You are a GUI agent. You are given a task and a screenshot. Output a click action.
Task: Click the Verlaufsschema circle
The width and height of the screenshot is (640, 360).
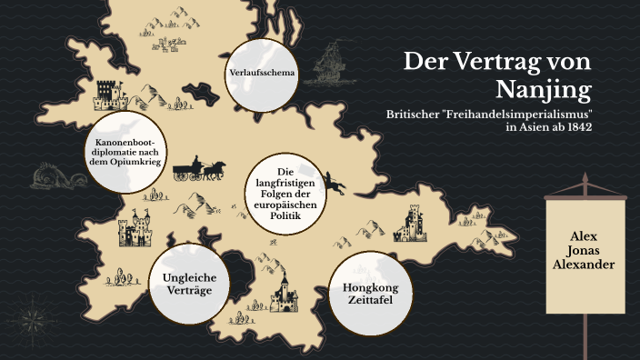pyautogui.click(x=262, y=71)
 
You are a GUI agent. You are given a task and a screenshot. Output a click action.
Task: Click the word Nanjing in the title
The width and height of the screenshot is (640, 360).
pyautogui.click(x=545, y=89)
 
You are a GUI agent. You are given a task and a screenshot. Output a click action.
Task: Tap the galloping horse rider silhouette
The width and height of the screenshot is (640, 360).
pyautogui.click(x=335, y=185)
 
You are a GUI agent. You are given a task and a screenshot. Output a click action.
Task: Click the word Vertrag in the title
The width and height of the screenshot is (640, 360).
pyautogui.click(x=497, y=62)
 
